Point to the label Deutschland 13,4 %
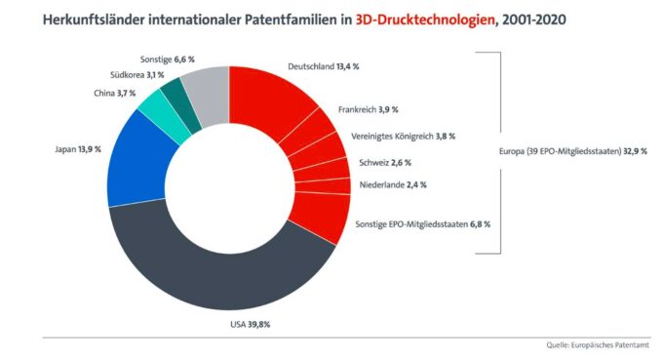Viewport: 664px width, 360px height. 323,66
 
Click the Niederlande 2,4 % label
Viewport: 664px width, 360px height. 387,184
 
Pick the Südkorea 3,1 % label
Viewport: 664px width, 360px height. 136,74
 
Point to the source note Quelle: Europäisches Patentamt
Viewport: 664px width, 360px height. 597,345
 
